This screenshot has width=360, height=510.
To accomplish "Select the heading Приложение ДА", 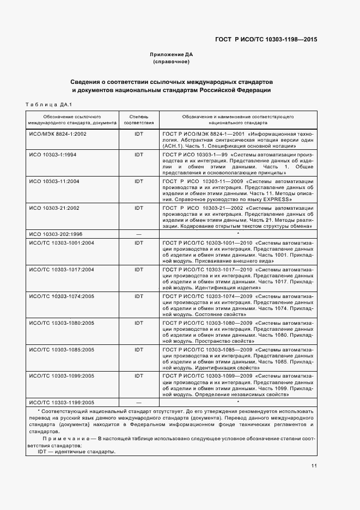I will click(171, 54).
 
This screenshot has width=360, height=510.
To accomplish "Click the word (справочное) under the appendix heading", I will click(171, 62).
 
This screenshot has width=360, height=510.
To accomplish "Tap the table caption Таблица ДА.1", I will click(49, 105).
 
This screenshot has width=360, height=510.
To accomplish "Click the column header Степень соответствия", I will click(138, 120).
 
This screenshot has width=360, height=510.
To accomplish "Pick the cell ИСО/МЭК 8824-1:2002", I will click(58, 133).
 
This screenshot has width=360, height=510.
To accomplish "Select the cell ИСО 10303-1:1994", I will click(52, 155).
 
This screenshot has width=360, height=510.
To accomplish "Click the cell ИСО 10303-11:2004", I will click(54, 181).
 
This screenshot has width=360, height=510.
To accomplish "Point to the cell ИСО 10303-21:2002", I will click(54, 208).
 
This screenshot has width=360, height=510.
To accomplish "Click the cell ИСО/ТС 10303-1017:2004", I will click(62, 269).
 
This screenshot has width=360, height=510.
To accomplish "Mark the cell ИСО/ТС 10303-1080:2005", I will click(62, 323).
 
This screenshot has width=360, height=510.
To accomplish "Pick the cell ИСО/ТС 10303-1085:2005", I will click(62, 349).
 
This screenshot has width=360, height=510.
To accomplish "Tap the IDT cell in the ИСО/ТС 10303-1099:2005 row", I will click(138, 375).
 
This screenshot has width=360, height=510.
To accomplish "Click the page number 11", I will click(314, 465).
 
